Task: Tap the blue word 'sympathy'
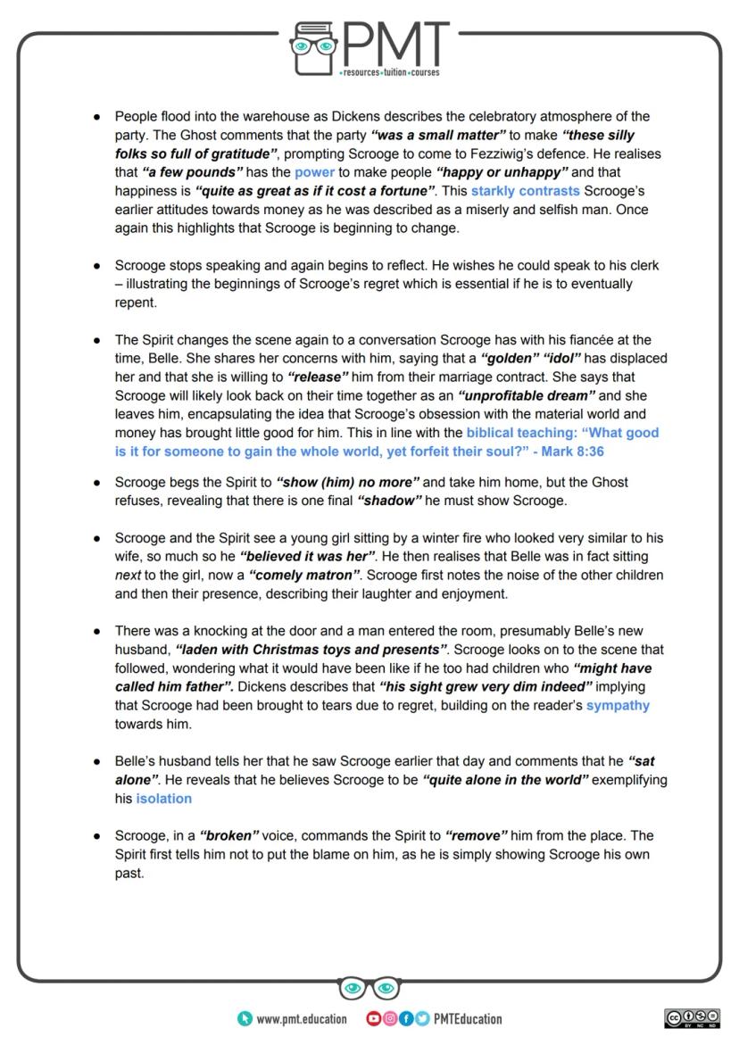click(618, 705)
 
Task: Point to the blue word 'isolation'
click(163, 799)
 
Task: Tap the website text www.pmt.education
click(302, 1019)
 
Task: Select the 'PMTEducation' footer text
click(468, 1019)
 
